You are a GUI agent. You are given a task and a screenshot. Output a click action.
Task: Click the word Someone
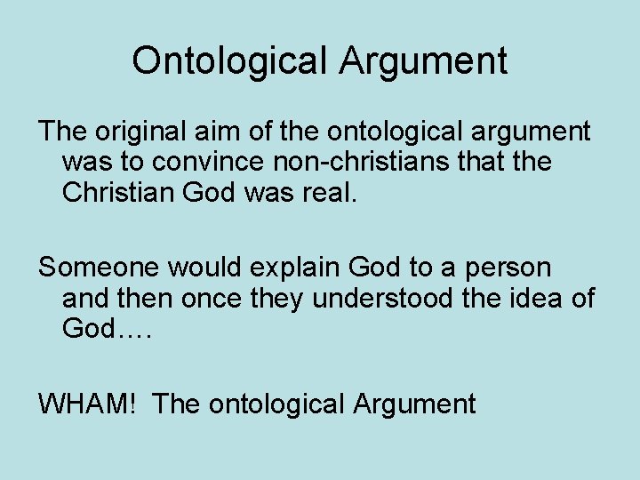pyautogui.click(x=100, y=267)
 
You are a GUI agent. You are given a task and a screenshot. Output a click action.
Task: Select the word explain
pyautogui.click(x=290, y=267)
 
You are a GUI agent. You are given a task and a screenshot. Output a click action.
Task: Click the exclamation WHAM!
pyautogui.click(x=87, y=404)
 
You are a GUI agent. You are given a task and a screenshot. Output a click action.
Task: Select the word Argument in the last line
pyautogui.click(x=414, y=404)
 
